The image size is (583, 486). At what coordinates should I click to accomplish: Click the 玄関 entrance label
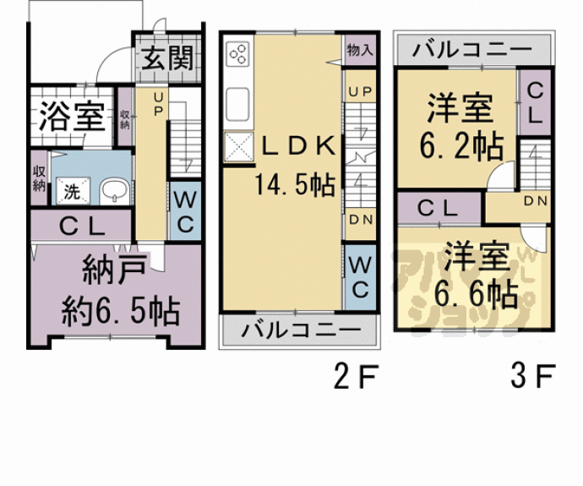166,58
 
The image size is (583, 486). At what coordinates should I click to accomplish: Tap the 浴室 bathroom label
72,117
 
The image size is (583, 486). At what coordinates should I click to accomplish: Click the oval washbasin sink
112,192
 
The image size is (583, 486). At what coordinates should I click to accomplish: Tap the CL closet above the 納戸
81,227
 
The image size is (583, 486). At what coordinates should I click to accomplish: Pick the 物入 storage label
359,51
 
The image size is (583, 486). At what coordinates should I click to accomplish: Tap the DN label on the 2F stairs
359,219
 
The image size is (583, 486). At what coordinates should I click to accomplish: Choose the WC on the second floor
358,277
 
